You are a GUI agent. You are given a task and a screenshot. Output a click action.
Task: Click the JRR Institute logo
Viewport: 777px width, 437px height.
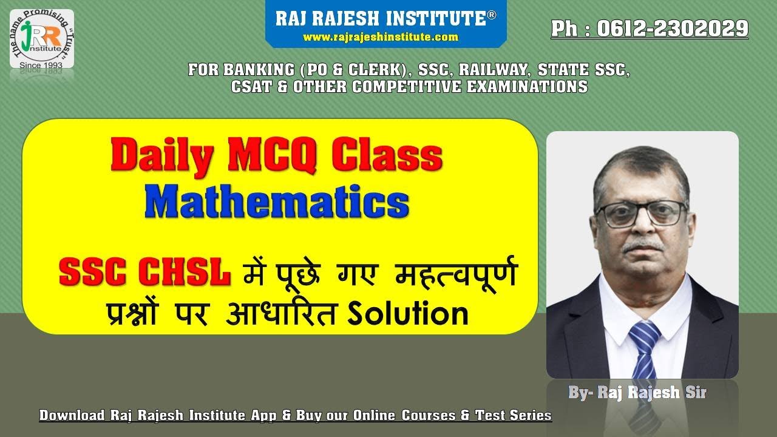(x=42, y=39)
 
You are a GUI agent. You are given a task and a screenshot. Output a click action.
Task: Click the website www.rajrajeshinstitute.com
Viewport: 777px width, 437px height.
(x=380, y=38)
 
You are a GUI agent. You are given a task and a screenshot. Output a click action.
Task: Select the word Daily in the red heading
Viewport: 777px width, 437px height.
(x=161, y=156)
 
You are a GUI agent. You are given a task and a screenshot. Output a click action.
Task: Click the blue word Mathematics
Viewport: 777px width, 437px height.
(x=276, y=203)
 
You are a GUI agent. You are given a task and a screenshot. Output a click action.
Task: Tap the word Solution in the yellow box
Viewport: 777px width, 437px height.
(x=407, y=314)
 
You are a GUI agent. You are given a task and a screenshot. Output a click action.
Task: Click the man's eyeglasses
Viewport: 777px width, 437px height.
(x=641, y=213)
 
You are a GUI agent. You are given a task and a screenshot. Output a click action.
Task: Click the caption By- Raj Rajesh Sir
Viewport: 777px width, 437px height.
(x=637, y=393)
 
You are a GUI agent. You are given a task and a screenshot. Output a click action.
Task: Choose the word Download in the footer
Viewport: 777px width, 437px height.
(x=72, y=416)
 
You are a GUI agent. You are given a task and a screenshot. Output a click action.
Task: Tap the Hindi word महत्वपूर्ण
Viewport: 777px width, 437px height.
(x=455, y=274)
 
